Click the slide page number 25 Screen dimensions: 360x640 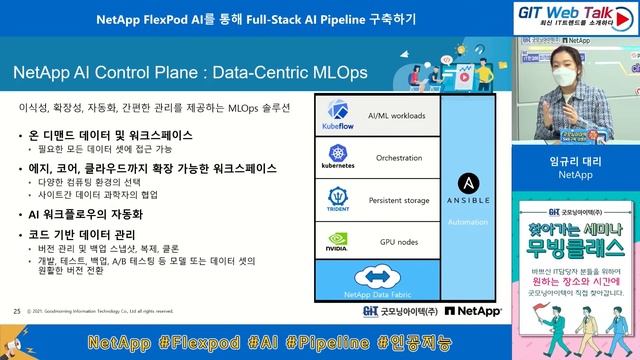tap(17, 311)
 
